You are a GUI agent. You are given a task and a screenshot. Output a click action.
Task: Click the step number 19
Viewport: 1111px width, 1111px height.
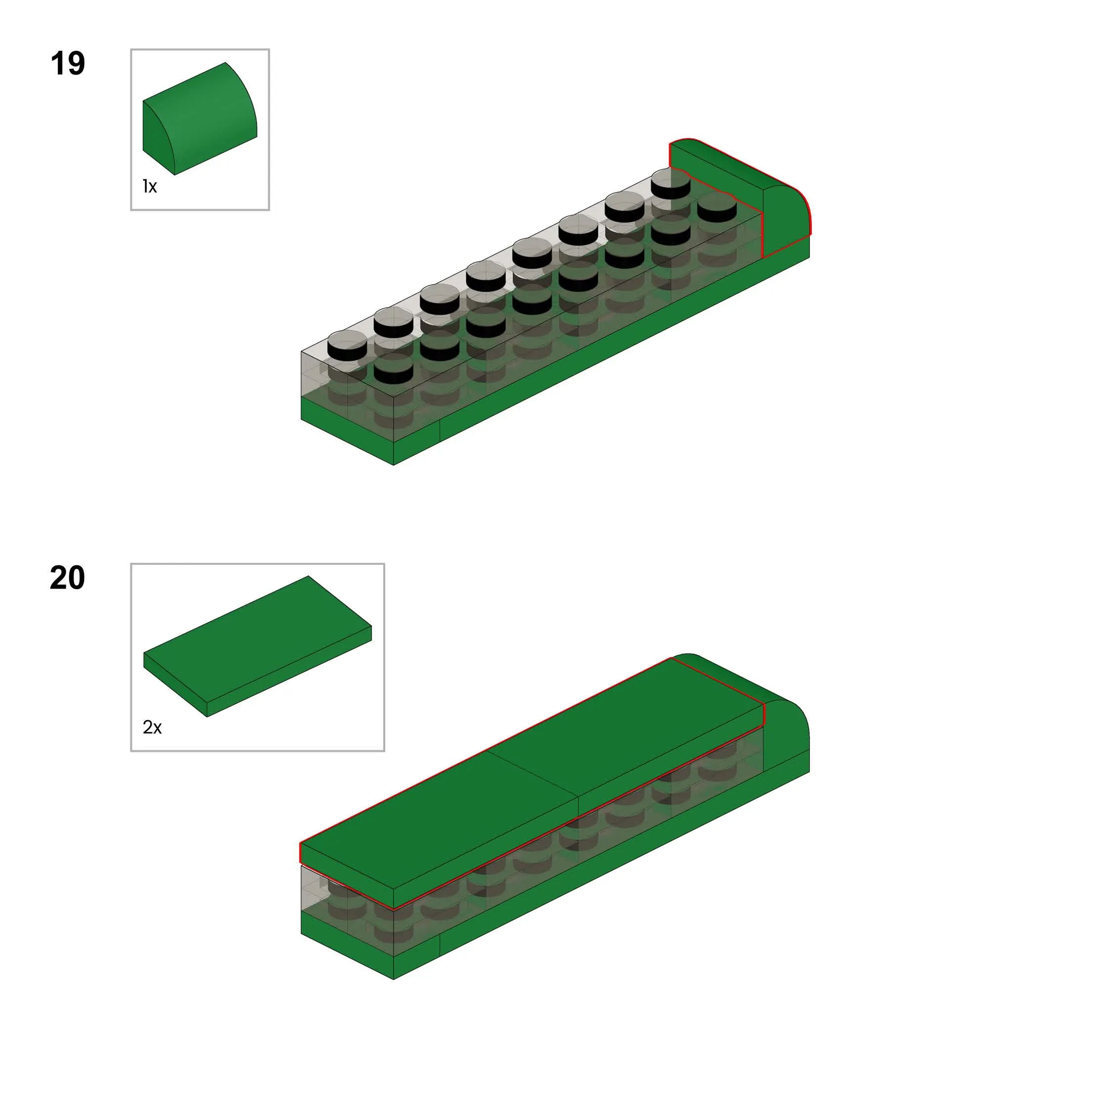pyautogui.click(x=68, y=63)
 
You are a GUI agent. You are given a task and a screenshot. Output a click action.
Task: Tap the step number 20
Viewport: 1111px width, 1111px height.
pyautogui.click(x=67, y=577)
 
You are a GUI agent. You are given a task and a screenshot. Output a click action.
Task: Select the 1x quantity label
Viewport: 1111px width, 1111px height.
pyautogui.click(x=150, y=186)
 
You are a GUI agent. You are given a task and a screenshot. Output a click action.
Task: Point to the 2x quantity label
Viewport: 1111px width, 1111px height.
pyautogui.click(x=153, y=727)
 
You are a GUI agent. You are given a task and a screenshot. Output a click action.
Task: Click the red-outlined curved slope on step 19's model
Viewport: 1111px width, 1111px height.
pyautogui.click(x=742, y=196)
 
